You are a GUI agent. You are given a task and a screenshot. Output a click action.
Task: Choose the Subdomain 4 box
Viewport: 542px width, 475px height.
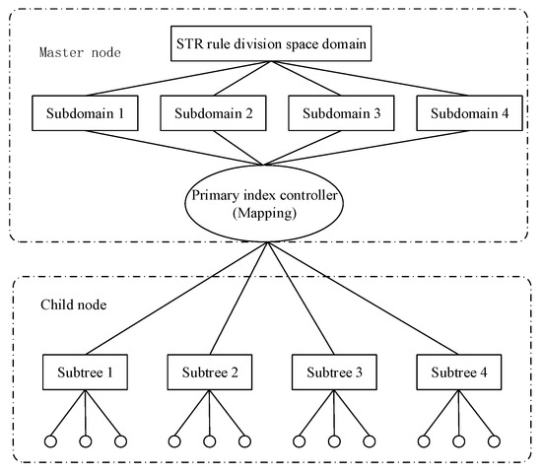[x=464, y=112]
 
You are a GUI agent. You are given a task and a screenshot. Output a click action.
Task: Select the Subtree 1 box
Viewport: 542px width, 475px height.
[x=84, y=374]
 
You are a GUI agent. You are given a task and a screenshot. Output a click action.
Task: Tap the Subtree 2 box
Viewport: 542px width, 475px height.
[x=209, y=374]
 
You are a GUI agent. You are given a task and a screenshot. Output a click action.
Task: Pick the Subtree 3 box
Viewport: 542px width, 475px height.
[x=334, y=374]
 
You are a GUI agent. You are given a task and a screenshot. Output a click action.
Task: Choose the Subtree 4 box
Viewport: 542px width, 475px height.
[x=458, y=374]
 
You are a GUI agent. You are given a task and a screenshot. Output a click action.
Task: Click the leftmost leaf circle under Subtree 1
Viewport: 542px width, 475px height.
[x=48, y=441]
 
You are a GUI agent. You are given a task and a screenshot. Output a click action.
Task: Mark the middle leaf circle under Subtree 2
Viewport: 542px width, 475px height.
[x=209, y=441]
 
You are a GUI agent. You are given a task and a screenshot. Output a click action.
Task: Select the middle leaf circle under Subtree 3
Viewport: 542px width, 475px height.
[x=334, y=441]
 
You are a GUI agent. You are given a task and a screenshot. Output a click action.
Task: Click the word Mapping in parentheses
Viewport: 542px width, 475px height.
[x=263, y=214]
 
